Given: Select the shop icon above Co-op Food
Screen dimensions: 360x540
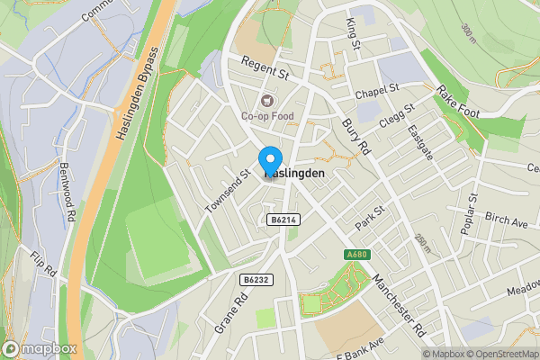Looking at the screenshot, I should click(265, 100).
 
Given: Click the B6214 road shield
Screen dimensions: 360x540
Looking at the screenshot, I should click(283, 220).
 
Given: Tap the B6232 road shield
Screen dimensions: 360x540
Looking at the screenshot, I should click(255, 280).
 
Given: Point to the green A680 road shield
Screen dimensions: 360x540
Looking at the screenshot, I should click(357, 256).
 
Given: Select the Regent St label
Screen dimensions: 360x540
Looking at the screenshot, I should click(265, 69).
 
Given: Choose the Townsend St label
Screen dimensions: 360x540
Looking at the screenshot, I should click(227, 190).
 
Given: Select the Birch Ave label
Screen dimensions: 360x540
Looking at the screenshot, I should click(506, 221).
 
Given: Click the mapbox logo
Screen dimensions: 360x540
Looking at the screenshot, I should click(40, 348).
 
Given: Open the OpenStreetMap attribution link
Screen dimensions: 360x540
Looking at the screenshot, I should click(500, 354).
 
